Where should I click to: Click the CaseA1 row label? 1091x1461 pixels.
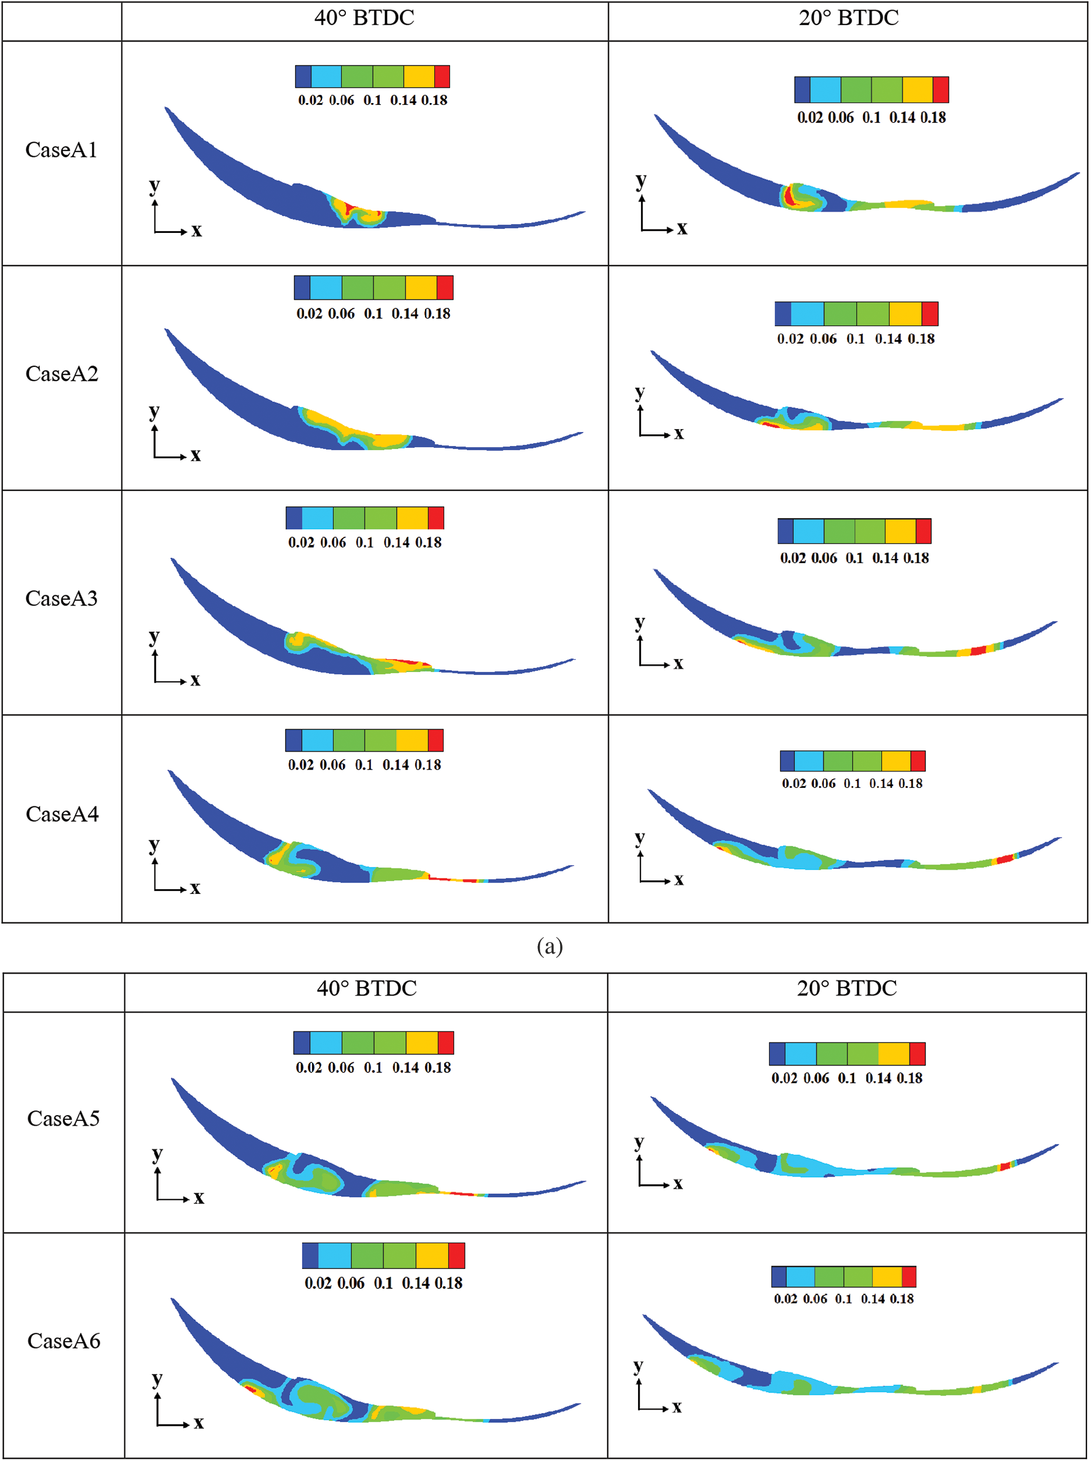(61, 150)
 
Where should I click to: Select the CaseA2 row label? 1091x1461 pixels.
(61, 374)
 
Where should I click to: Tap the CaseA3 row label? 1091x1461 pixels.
(61, 598)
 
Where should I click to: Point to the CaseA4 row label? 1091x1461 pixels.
(62, 814)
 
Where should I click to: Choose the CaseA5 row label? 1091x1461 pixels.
(63, 1118)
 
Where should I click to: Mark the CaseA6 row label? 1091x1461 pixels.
(63, 1341)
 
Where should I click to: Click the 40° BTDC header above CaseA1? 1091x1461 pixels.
(364, 18)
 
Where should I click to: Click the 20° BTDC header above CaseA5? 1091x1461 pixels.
(847, 988)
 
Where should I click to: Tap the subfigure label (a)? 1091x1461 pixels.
(550, 946)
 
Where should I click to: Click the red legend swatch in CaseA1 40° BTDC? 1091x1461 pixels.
(442, 77)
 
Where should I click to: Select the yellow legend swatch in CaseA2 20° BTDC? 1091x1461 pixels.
(905, 314)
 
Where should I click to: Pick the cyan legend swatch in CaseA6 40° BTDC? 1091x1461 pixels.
(334, 1256)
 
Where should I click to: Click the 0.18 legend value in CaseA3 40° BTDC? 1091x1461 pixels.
(428, 542)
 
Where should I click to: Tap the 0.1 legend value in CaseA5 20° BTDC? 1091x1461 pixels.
(847, 1078)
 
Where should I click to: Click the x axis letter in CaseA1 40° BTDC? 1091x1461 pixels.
(197, 231)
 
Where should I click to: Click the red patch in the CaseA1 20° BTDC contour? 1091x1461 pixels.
(788, 197)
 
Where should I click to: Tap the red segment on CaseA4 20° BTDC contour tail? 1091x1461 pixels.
(1004, 859)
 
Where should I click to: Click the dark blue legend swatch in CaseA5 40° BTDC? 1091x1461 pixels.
(302, 1043)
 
